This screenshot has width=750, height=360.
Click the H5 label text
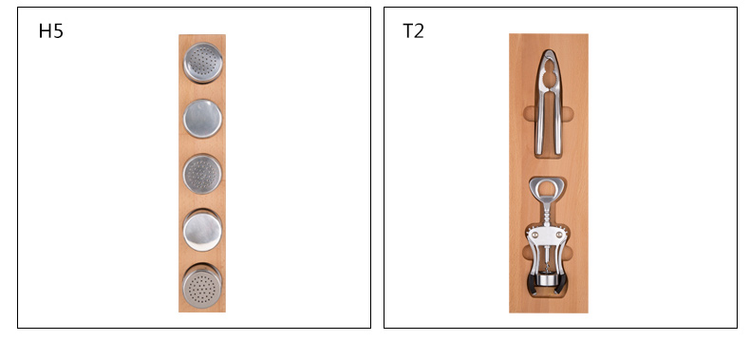(50, 31)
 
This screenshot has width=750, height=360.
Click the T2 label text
(413, 31)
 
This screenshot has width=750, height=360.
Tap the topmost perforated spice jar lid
(203, 63)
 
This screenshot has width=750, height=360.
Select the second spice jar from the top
(202, 118)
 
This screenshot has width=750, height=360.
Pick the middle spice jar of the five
(202, 173)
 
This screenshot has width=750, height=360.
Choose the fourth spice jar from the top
(202, 230)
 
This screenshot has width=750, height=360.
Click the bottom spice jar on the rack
(202, 286)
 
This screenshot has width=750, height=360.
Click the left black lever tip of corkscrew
(532, 284)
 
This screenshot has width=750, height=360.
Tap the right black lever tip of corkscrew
(564, 284)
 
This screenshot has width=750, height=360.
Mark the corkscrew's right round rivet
(559, 235)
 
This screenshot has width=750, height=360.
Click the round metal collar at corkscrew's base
(548, 279)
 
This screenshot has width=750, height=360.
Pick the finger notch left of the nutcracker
(529, 114)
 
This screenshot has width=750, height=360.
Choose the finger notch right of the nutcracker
(567, 114)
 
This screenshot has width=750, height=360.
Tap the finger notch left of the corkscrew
(526, 253)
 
